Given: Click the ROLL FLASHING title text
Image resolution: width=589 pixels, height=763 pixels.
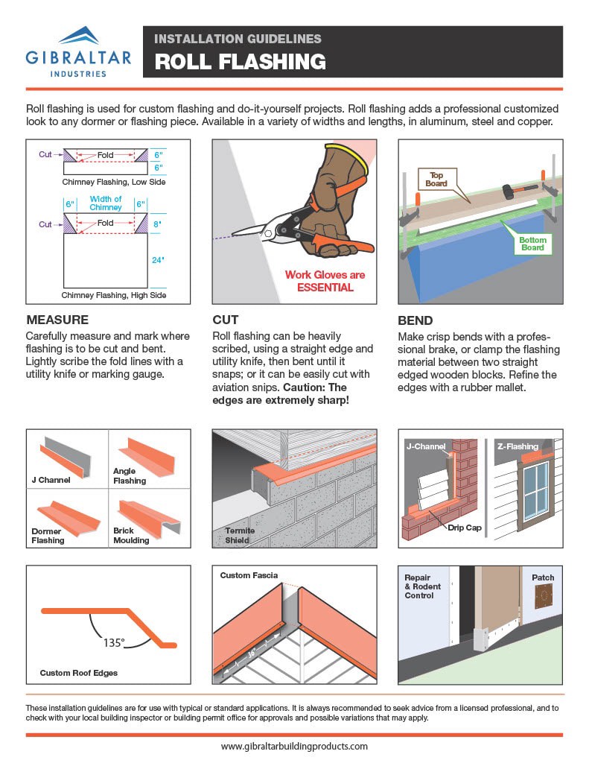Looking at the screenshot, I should click(x=240, y=61).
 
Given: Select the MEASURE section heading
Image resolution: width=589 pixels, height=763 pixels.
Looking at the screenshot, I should click(x=58, y=320).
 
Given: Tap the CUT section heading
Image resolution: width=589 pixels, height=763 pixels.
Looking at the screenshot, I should click(x=226, y=320).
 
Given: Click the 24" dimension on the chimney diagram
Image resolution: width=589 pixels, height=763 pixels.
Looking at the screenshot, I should click(x=158, y=261).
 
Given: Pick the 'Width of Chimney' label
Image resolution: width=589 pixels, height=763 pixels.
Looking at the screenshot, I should click(x=106, y=203).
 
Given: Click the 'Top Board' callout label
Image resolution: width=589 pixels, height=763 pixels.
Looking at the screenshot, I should click(x=435, y=179).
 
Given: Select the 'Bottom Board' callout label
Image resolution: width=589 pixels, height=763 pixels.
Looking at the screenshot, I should click(x=532, y=244).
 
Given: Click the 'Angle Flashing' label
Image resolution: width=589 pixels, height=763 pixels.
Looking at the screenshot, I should click(x=130, y=476).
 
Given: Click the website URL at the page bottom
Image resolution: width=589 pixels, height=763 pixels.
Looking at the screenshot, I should click(x=294, y=746).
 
